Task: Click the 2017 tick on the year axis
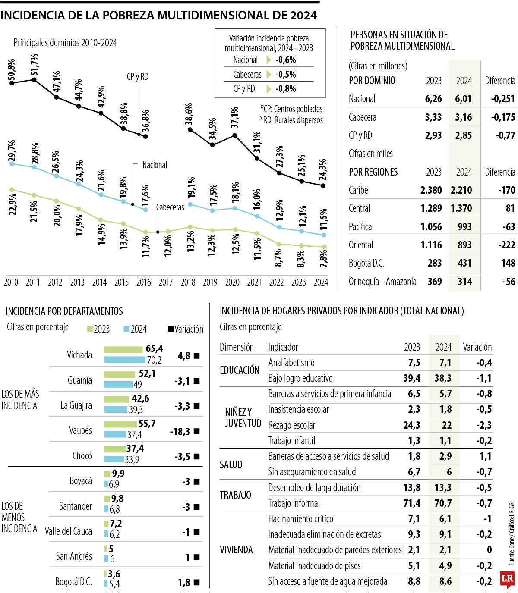(x=166, y=282)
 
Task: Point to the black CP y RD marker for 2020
(x=234, y=135)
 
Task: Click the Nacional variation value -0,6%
(x=286, y=60)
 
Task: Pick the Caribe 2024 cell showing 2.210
(x=461, y=190)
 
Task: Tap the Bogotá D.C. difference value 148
(x=508, y=263)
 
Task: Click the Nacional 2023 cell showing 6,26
(x=433, y=99)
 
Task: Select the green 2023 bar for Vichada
(x=123, y=350)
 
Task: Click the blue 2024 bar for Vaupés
(x=115, y=434)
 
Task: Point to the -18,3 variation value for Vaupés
(x=179, y=432)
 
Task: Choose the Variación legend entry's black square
(x=171, y=329)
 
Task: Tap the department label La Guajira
(x=76, y=406)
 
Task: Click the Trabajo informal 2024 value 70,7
(x=444, y=503)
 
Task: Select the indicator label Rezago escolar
(x=292, y=425)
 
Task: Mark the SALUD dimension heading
(x=231, y=465)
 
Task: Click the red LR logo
(x=507, y=579)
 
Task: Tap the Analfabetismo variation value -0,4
(x=484, y=363)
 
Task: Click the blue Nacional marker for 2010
(x=12, y=164)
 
